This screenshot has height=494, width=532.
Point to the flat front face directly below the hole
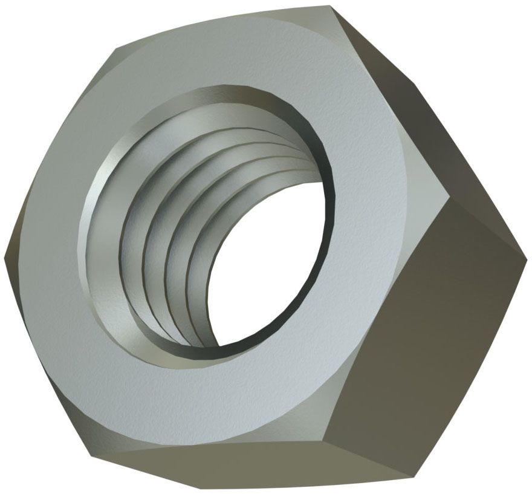(199, 399)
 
